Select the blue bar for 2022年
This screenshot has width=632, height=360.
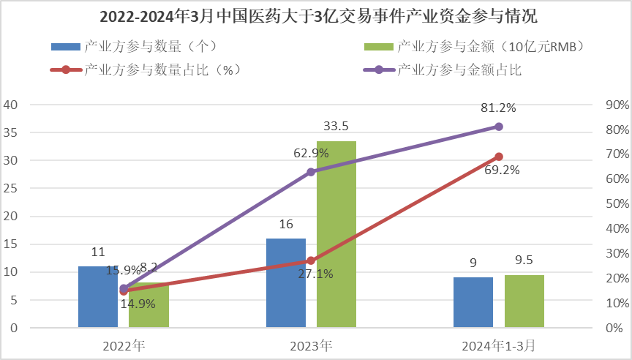[98, 296]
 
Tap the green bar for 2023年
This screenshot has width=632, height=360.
[336, 234]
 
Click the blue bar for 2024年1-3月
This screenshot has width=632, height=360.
[473, 302]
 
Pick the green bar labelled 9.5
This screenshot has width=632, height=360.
[524, 301]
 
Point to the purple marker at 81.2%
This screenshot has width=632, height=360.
[499, 127]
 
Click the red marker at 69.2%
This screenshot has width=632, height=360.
[499, 157]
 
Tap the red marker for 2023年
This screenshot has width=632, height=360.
[311, 260]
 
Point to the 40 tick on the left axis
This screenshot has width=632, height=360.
[11, 105]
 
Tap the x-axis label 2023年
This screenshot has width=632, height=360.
[311, 344]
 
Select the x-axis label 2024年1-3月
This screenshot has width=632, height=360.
[498, 344]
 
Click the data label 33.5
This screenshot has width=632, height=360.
[336, 127]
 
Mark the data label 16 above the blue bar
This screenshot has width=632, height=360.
[285, 224]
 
